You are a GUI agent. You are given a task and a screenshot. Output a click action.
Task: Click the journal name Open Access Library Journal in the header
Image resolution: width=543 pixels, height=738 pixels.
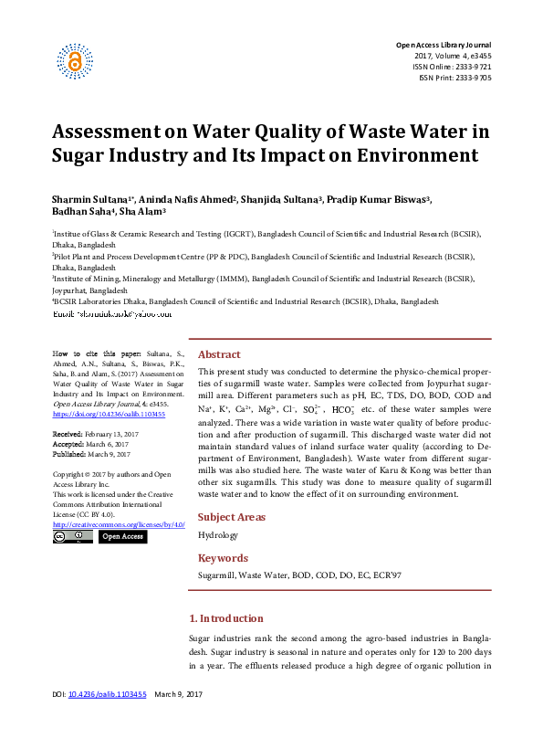tap(443, 45)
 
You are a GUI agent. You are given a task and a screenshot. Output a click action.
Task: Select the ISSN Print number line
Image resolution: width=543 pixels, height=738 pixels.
tap(454, 78)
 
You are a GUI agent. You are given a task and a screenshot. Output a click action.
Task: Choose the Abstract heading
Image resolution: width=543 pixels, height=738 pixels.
tap(219, 354)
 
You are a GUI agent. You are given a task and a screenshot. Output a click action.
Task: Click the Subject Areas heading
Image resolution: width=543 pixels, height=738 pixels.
tap(232, 517)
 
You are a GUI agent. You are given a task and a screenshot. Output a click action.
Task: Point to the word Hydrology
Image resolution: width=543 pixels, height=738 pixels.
tap(217, 535)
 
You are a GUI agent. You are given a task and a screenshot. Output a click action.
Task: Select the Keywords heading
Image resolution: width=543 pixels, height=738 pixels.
tap(223, 558)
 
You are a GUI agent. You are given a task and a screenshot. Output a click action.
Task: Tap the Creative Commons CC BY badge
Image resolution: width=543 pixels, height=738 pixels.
tap(71, 537)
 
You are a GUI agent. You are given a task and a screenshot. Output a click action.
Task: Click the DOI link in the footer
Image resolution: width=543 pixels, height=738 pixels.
tap(108, 721)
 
